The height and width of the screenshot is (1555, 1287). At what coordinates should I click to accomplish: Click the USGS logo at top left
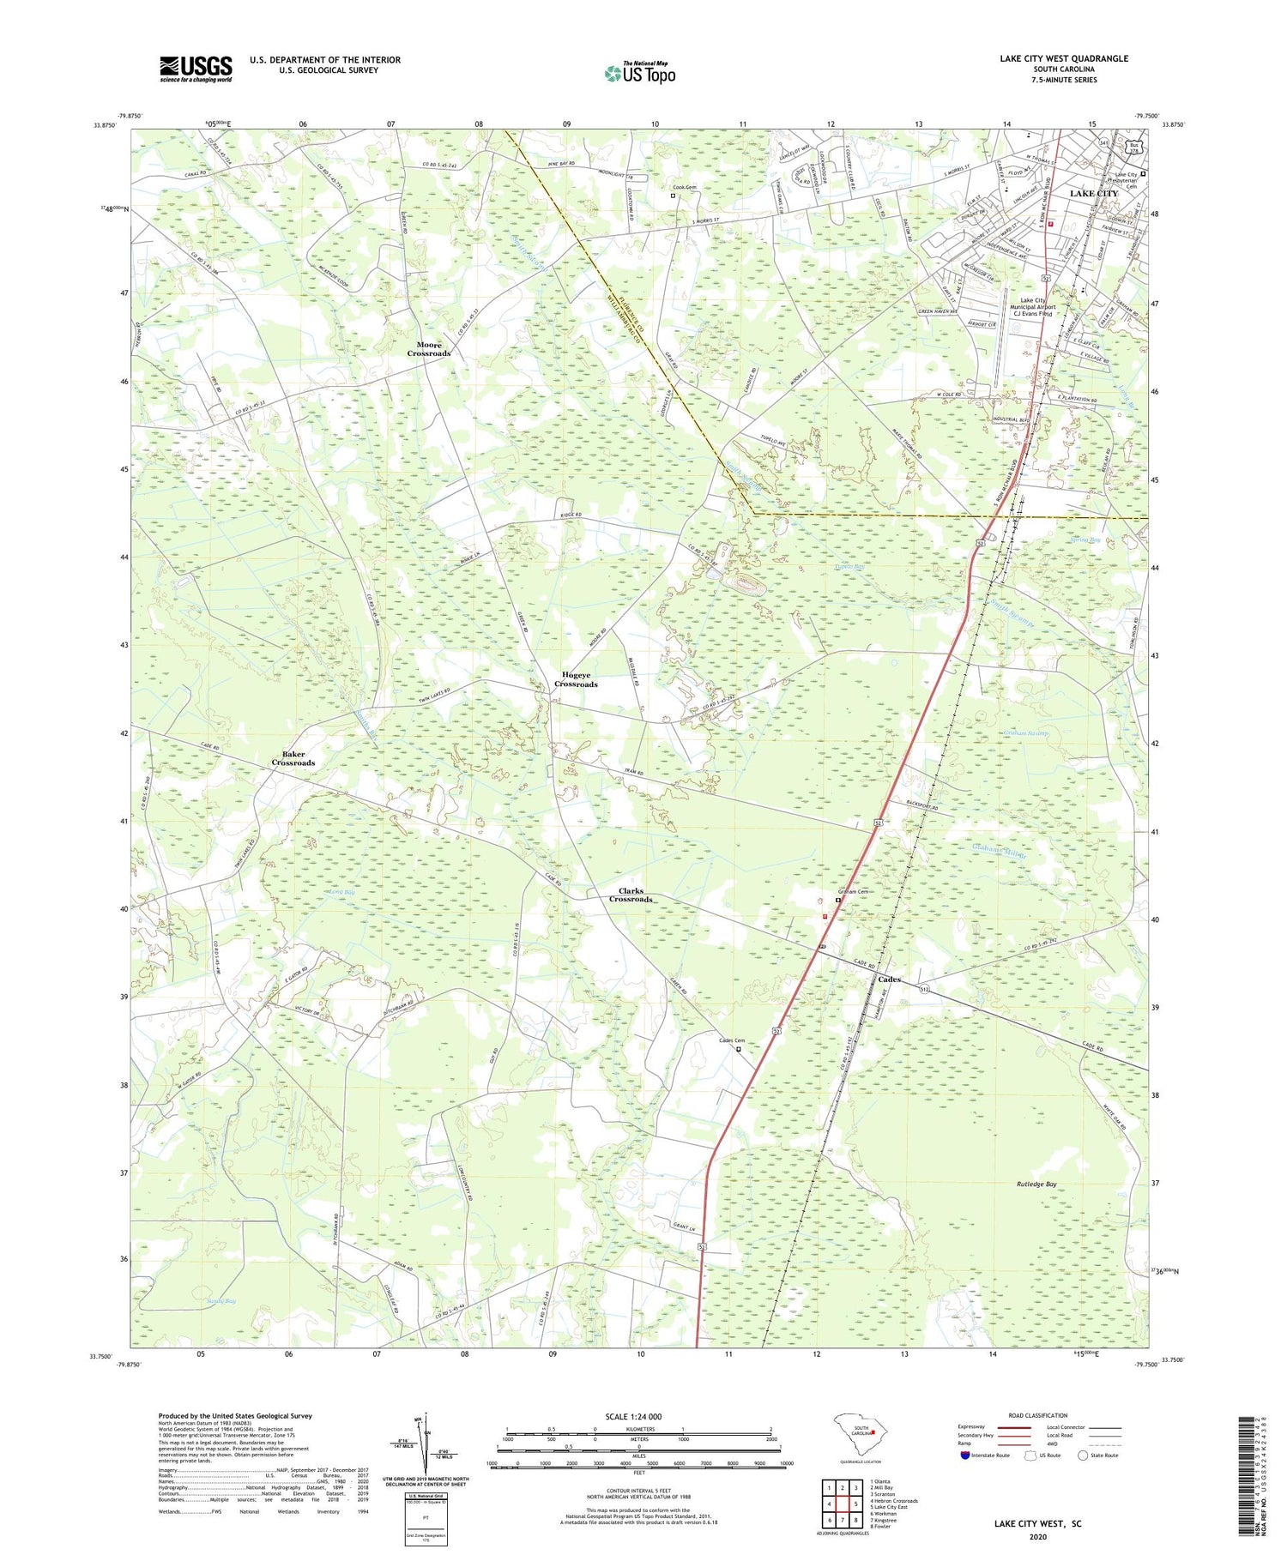(x=196, y=69)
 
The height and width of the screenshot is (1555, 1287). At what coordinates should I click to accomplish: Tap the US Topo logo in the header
(x=639, y=74)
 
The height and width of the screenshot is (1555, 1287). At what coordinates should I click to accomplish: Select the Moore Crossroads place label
(x=428, y=349)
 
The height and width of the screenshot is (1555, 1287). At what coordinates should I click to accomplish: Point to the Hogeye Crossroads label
(x=575, y=679)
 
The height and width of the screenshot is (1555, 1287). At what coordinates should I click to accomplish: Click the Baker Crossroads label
(x=293, y=758)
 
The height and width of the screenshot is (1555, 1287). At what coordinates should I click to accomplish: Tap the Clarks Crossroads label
(x=631, y=895)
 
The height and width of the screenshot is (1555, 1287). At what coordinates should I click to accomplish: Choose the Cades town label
(x=889, y=979)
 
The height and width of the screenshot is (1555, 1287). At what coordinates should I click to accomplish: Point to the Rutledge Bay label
(x=1037, y=1184)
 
